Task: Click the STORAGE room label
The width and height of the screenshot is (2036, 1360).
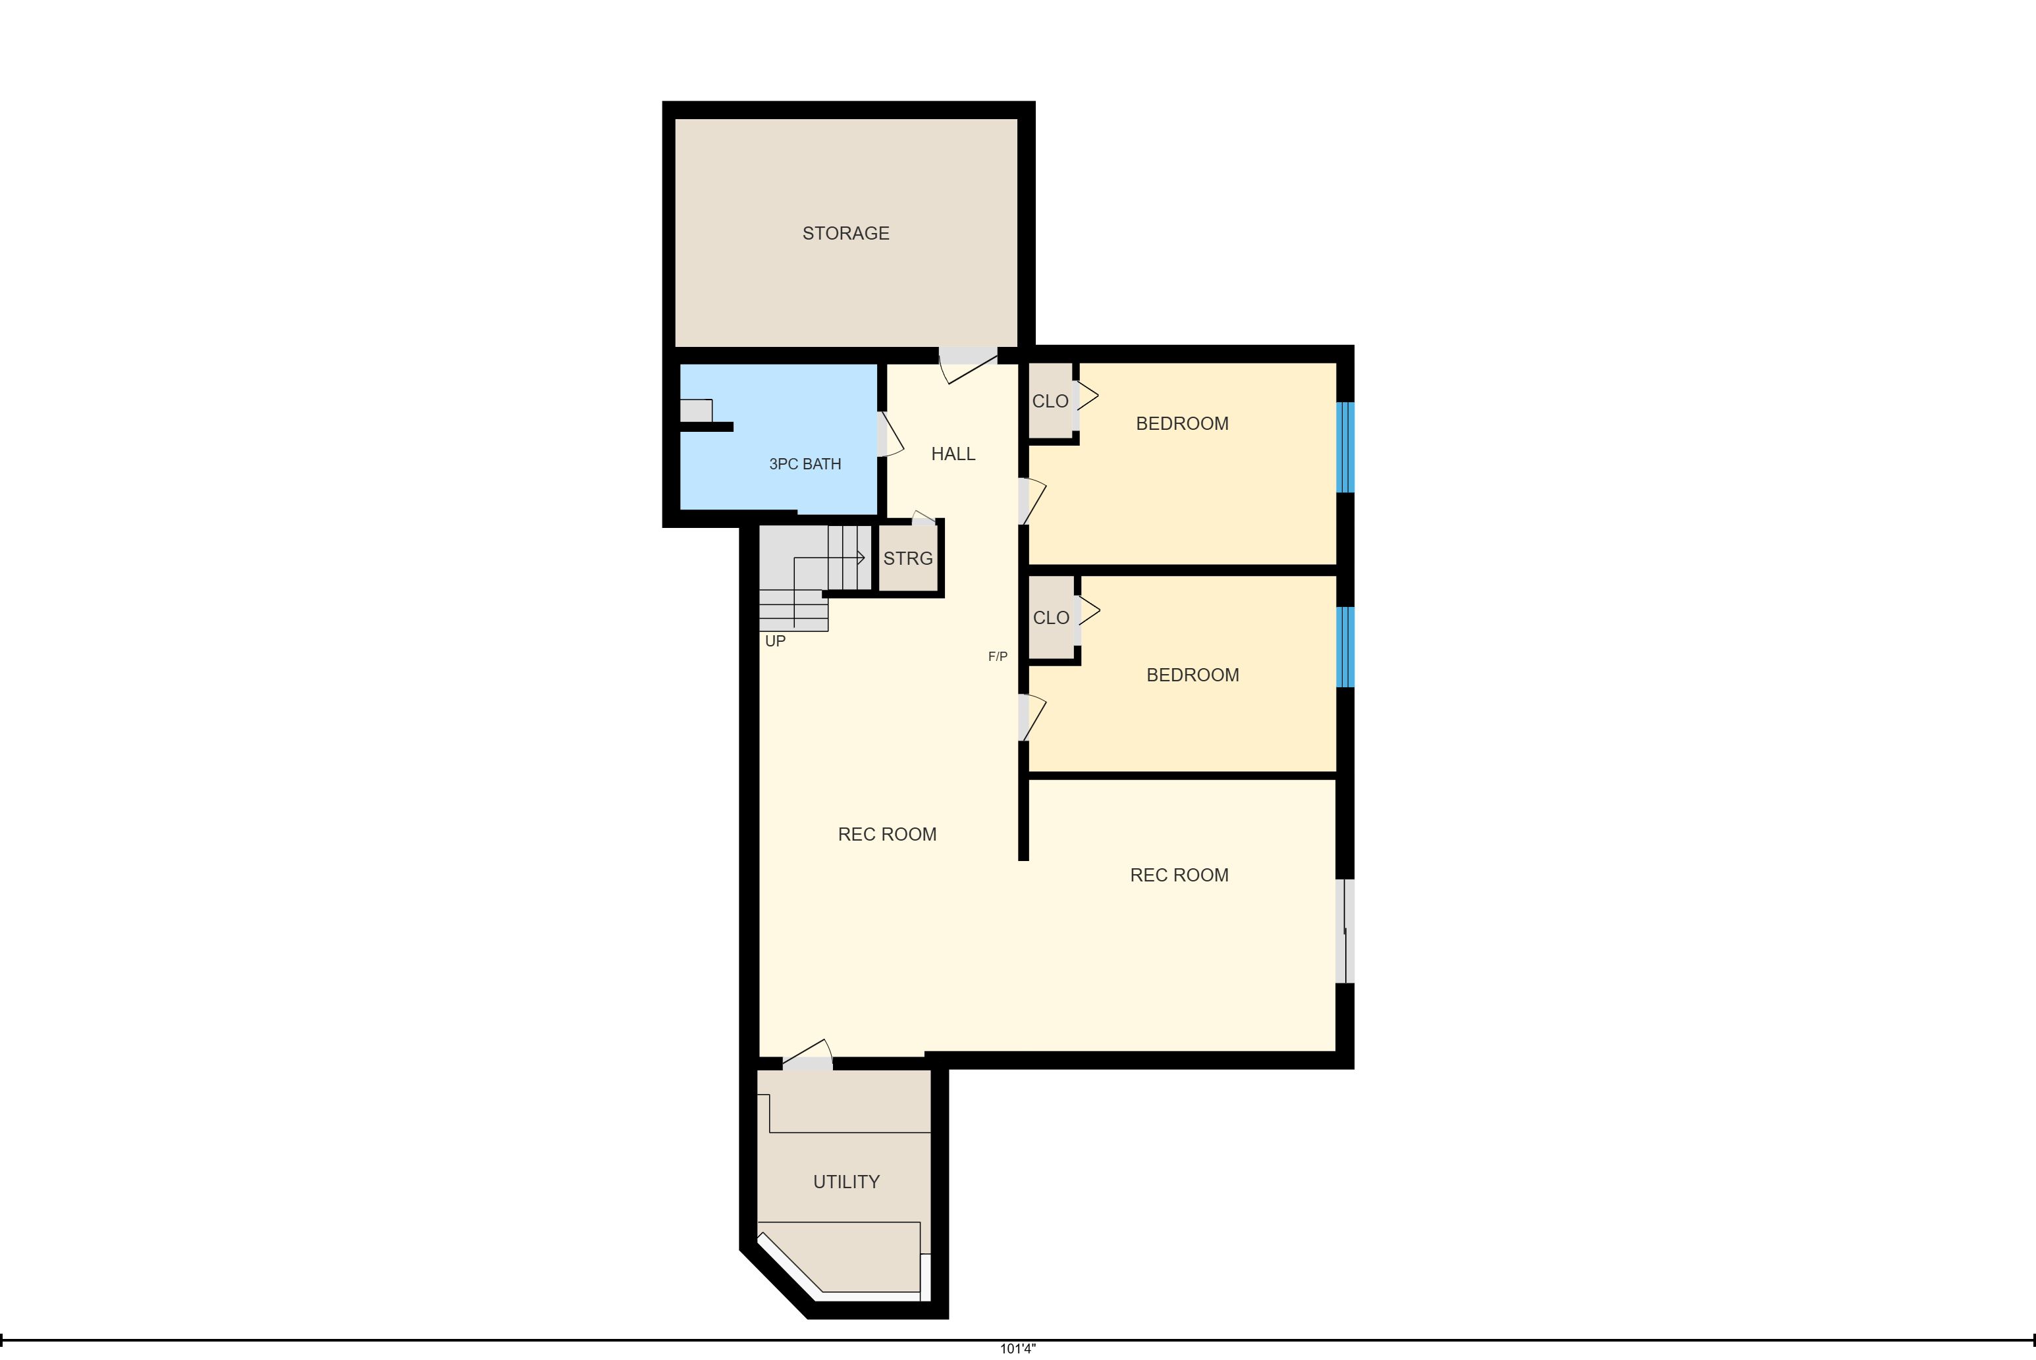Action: pos(845,233)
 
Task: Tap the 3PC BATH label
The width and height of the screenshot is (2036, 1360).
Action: pos(805,464)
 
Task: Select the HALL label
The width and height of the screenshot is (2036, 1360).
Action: pos(953,454)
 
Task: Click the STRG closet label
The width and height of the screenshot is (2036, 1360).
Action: pos(908,559)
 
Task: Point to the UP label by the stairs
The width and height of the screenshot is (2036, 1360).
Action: pos(776,641)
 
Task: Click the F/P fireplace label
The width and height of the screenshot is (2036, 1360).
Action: pos(998,656)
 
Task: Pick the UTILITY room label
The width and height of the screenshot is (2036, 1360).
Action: pos(847,1182)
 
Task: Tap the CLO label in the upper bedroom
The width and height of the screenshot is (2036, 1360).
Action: pos(1050,402)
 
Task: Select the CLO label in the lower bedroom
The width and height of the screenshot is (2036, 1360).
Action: pos(1052,617)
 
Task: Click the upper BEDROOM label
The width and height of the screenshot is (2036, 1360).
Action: pos(1183,423)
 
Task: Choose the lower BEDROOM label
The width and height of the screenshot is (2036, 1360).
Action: pos(1192,675)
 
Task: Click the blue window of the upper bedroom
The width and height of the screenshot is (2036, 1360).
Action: pos(1345,447)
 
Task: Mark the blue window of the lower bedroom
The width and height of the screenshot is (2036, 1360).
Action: pos(1345,647)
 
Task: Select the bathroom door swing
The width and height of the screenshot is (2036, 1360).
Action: pos(890,434)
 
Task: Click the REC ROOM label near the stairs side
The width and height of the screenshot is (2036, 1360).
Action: pos(888,835)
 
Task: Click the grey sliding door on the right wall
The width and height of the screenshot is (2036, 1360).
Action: pos(1345,931)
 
